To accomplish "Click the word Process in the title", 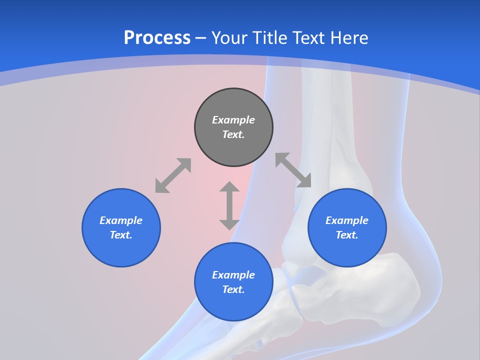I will [157, 37].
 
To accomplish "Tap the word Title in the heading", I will [272, 37].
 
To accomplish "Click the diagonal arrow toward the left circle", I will [173, 175].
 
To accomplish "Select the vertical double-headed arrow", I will [229, 205].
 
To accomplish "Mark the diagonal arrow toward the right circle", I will [293, 170].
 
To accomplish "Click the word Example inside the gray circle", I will [233, 120].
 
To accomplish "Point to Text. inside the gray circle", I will [233, 134].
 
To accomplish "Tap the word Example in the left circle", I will [121, 220].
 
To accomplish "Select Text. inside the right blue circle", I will [347, 235].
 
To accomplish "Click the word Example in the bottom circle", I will [233, 275].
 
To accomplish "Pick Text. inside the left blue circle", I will [121, 235].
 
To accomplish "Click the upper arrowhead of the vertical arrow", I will [229, 187].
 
